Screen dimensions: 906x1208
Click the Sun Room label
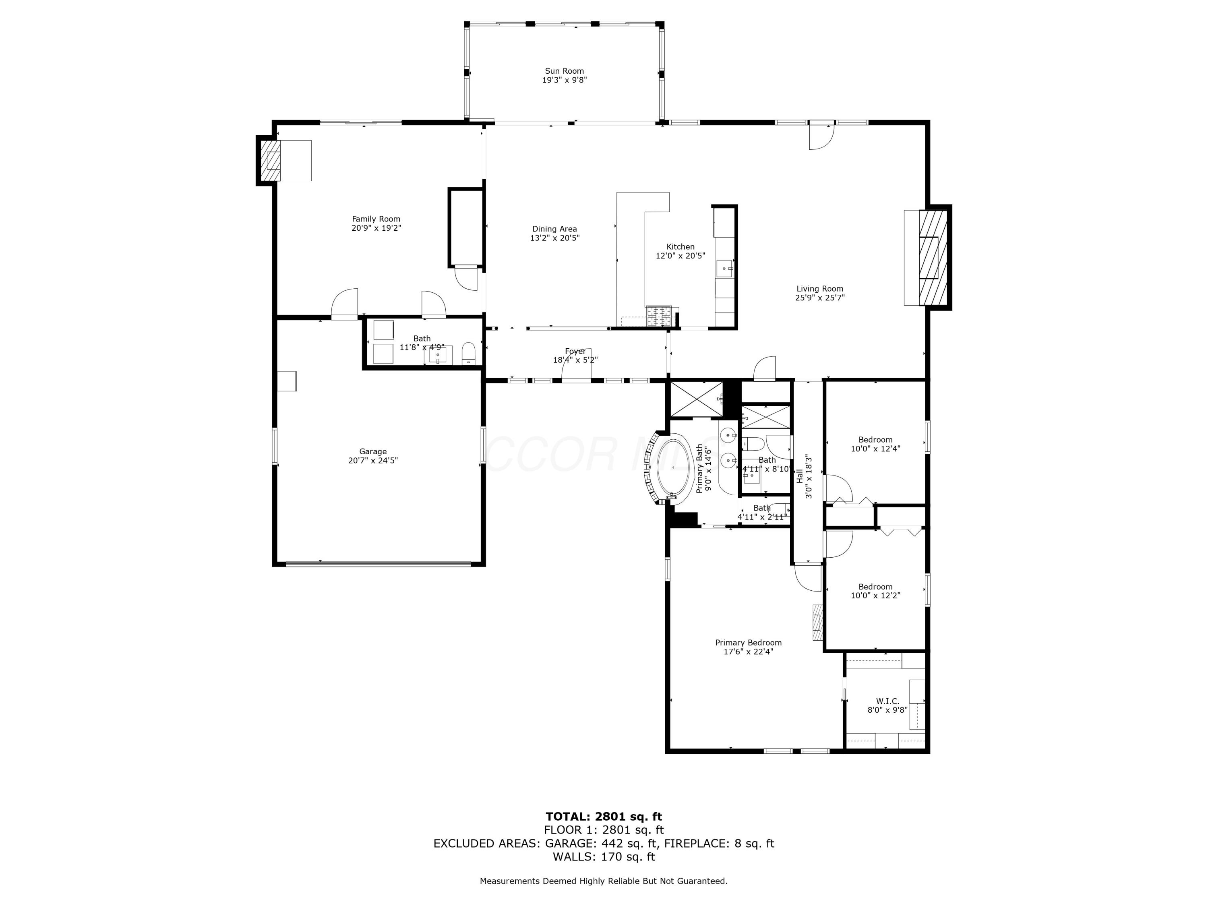click(564, 71)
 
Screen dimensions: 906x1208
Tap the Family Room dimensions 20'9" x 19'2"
click(376, 228)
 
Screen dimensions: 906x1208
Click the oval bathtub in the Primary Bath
click(673, 467)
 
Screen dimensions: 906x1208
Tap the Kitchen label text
click(681, 247)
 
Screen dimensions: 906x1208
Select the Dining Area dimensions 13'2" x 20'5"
click(554, 238)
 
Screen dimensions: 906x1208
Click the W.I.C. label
click(887, 701)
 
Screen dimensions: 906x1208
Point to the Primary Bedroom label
click(748, 643)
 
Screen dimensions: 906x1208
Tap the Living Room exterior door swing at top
click(821, 137)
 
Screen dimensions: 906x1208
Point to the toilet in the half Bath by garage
click(469, 353)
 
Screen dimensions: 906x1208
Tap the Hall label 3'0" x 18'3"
click(805, 477)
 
